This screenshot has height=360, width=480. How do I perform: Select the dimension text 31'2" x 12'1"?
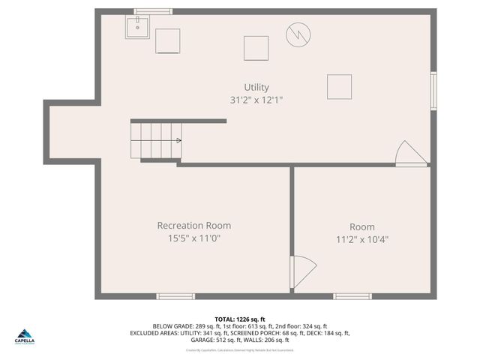(x=256, y=100)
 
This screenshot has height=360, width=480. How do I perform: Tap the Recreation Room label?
(x=193, y=226)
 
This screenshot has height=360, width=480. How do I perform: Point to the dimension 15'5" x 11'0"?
(x=193, y=238)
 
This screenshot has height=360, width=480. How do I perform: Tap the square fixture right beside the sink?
(x=167, y=40)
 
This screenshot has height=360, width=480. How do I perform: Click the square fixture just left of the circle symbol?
(x=256, y=48)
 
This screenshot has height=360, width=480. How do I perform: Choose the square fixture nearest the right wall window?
(x=339, y=86)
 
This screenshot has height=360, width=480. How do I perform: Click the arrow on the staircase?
(x=178, y=140)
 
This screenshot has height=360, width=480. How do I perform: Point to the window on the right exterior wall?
(x=433, y=91)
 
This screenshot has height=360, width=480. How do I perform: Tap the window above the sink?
(x=153, y=11)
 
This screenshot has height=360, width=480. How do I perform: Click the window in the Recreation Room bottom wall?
(x=175, y=296)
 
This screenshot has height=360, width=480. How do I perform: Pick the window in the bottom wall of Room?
(x=352, y=296)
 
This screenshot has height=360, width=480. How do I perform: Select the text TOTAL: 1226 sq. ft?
(x=240, y=319)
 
